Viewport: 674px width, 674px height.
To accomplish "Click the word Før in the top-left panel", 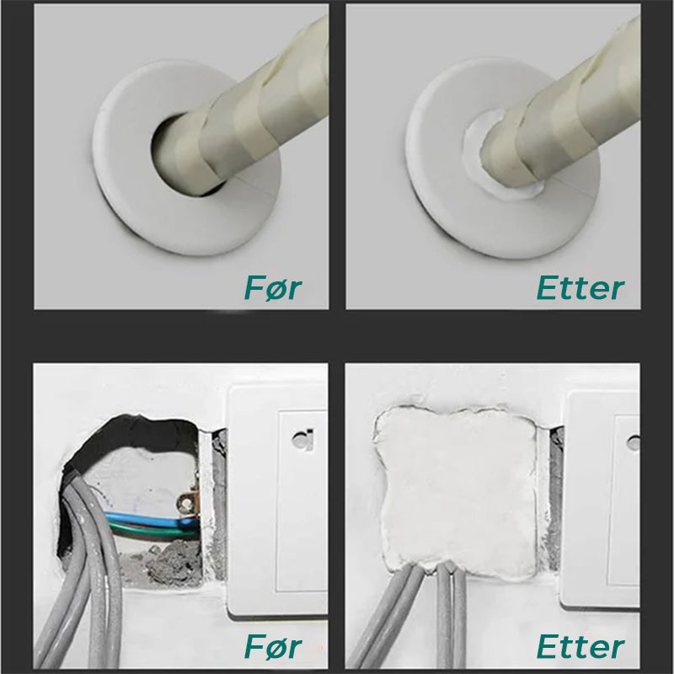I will click(272, 286).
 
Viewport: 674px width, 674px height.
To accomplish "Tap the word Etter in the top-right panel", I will click(580, 286).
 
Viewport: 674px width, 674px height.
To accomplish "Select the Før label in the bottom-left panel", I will click(272, 646).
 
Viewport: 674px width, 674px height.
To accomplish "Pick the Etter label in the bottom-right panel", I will click(580, 646).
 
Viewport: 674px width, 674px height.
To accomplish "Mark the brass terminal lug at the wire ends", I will click(187, 505).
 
